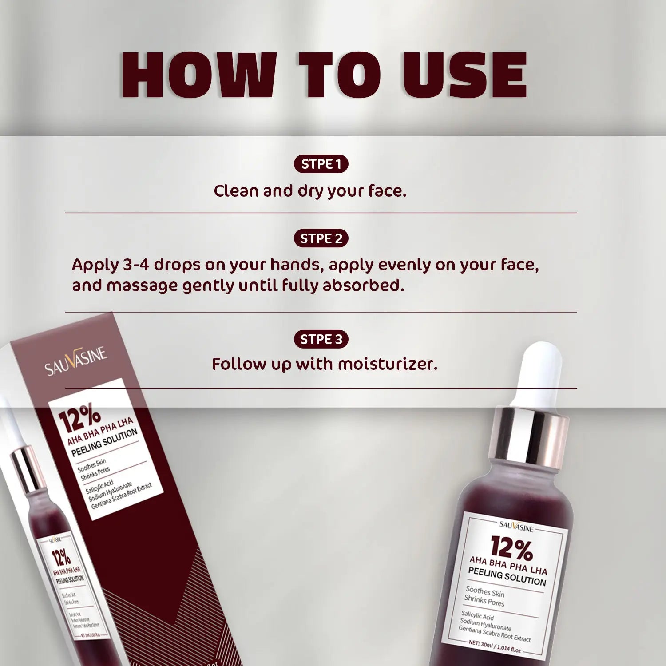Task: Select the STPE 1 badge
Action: coord(321,164)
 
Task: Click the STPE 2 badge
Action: coord(321,238)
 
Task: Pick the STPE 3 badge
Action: coord(321,339)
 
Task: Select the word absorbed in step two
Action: coord(363,285)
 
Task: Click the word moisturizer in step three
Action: coord(387,364)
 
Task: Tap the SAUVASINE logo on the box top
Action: coord(76,361)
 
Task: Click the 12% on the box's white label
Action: coord(80,417)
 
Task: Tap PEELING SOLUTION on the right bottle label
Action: coord(507,576)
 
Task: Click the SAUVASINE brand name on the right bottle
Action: coord(516,527)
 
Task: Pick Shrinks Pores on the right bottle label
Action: coord(484,601)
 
